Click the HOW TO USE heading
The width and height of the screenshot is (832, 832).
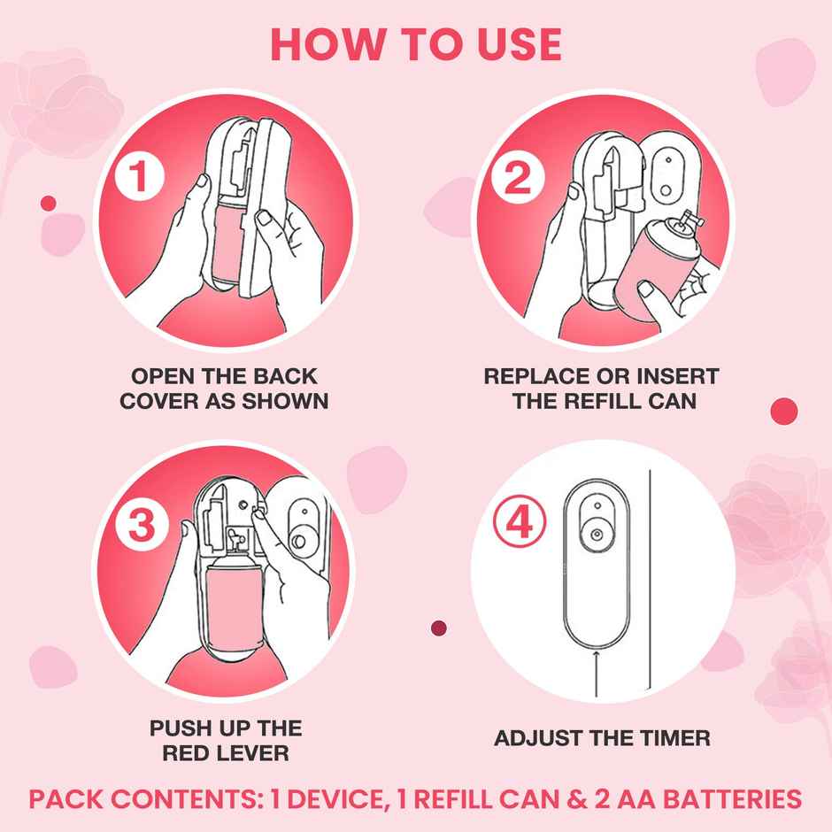[x=416, y=44]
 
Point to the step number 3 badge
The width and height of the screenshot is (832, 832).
[x=141, y=527]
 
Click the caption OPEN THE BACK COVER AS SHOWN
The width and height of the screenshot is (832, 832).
[x=224, y=389]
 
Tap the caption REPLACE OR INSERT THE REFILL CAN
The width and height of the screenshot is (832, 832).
[x=603, y=389]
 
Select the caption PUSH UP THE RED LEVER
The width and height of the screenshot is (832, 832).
[x=225, y=741]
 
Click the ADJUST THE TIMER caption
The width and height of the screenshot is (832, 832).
[x=602, y=737]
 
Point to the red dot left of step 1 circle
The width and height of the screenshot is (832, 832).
[x=49, y=204]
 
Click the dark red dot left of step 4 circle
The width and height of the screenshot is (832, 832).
[x=437, y=628]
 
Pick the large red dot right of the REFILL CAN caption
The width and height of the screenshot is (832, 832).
[x=784, y=411]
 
